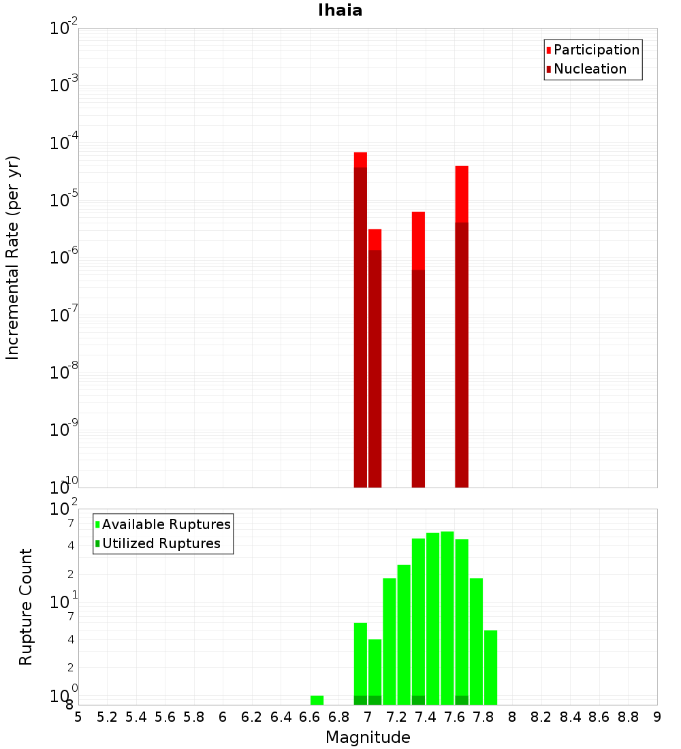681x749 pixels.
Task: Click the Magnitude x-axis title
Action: point(368,737)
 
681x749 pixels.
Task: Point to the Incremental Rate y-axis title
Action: point(12,257)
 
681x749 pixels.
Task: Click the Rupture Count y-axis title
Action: point(26,606)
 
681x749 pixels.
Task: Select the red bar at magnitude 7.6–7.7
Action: point(462,327)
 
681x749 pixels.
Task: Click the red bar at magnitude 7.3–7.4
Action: point(418,347)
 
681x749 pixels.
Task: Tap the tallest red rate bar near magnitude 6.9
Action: point(360,320)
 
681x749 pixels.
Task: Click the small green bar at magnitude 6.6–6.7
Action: point(317,700)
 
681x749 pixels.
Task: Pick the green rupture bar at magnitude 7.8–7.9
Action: point(490,667)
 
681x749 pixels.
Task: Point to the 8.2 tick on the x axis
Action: point(541,717)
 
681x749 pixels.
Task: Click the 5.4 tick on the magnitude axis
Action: point(136,717)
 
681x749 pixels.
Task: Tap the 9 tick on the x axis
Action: point(657,717)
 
